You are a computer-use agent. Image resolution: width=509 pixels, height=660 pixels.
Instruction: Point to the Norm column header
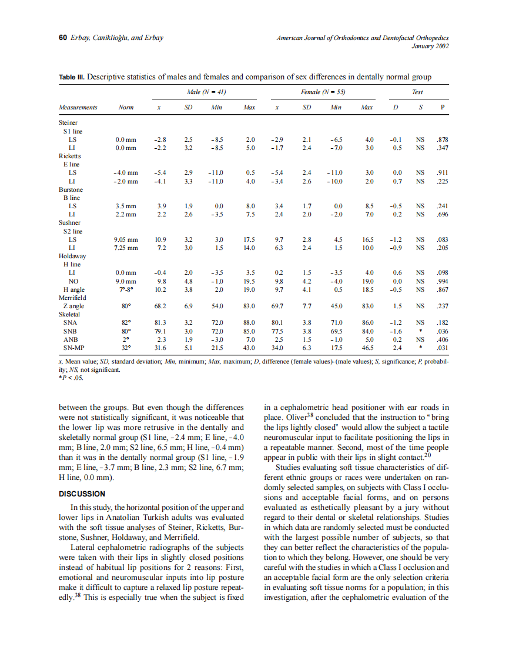pos(126,108)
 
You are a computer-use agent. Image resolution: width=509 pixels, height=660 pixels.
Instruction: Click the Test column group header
pos(417,92)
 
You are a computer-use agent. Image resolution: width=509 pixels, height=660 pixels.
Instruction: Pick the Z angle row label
pos(73,306)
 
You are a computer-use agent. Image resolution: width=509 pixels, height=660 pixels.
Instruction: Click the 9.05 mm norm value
pos(125,239)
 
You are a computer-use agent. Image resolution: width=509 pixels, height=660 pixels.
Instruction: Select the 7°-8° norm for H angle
pos(126,289)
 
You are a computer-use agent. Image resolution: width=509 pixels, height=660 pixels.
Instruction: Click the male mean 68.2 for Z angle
pos(159,306)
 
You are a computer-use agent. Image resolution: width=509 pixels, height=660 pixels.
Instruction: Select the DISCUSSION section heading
pos(82,494)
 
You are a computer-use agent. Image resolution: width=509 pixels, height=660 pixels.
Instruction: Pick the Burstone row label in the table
pos(71,190)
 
